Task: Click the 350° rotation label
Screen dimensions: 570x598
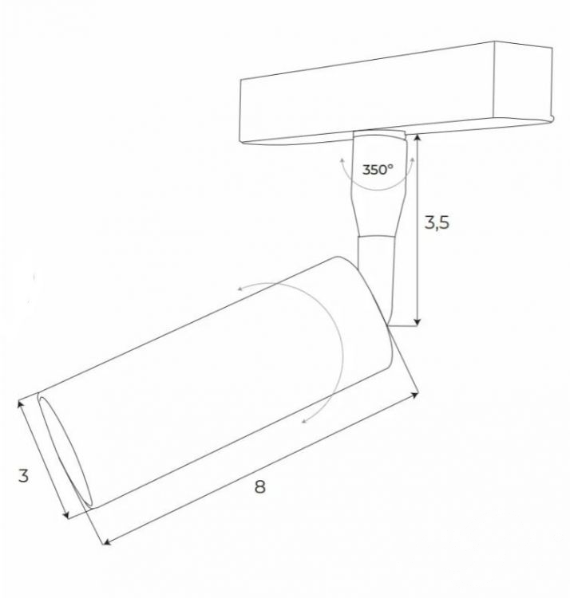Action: (377, 169)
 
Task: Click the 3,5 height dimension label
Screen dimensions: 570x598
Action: (437, 222)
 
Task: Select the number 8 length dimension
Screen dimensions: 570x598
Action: (259, 486)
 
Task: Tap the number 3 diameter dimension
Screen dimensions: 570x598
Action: (24, 475)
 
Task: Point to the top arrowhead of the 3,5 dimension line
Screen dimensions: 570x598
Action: (418, 137)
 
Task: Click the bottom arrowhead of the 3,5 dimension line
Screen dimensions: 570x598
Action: (418, 322)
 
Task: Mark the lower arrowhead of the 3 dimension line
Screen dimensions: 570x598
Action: (66, 514)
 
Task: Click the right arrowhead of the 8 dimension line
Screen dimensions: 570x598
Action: (414, 395)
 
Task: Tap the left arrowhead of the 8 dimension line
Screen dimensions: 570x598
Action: (107, 541)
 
